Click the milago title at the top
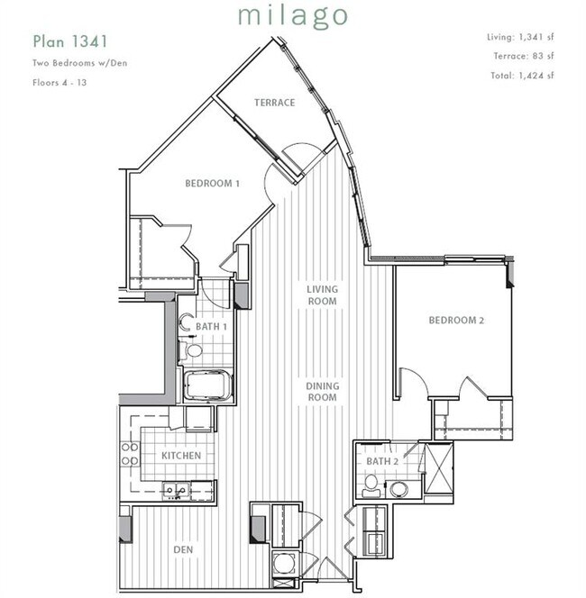tap(293, 17)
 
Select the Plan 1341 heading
tap(70, 41)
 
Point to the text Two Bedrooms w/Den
tap(80, 63)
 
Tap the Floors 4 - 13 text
tap(60, 82)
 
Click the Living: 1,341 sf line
tap(520, 38)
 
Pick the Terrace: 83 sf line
tap(524, 56)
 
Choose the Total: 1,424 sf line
tap(522, 76)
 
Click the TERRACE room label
tap(274, 103)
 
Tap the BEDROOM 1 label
tap(212, 184)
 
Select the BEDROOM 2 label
tap(456, 321)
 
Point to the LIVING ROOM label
tap(322, 295)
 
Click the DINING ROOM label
tap(322, 392)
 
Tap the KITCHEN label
tap(181, 456)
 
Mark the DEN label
tap(183, 549)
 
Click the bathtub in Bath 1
tap(207, 385)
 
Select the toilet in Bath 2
tap(371, 486)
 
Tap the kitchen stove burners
tap(130, 454)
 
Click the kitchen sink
tap(176, 491)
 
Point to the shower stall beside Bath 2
tap(438, 468)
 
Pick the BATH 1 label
tap(211, 327)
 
